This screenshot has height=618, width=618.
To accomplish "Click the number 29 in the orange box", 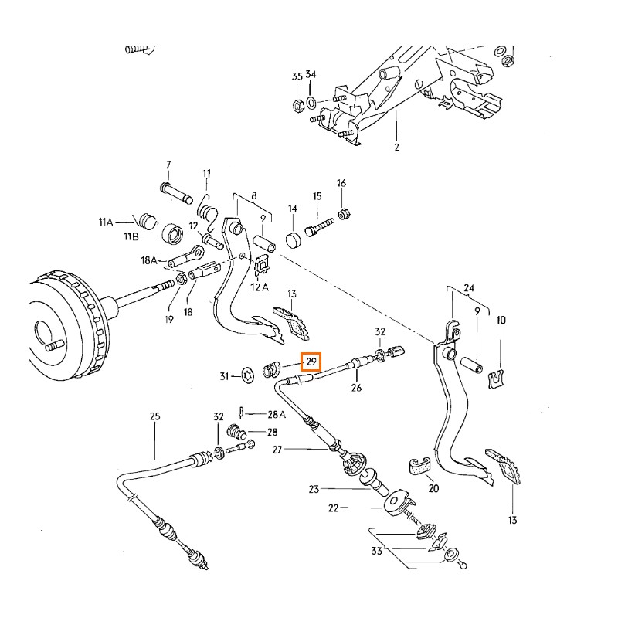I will [x=312, y=362].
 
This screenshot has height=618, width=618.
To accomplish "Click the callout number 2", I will [x=396, y=147].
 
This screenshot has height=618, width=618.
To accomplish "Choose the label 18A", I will [x=149, y=260].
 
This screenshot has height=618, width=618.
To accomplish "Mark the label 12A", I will [x=260, y=287].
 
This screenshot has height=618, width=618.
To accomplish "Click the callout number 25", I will [x=154, y=417].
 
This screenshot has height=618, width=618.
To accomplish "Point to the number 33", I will [x=376, y=550].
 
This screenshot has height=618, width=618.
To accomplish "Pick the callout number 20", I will [x=433, y=488].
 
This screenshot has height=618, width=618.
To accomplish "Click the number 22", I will [x=334, y=508].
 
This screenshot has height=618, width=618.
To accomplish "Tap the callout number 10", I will [x=501, y=319].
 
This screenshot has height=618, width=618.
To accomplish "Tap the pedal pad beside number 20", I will [x=418, y=466].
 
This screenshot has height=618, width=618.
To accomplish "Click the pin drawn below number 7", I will [x=175, y=189].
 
